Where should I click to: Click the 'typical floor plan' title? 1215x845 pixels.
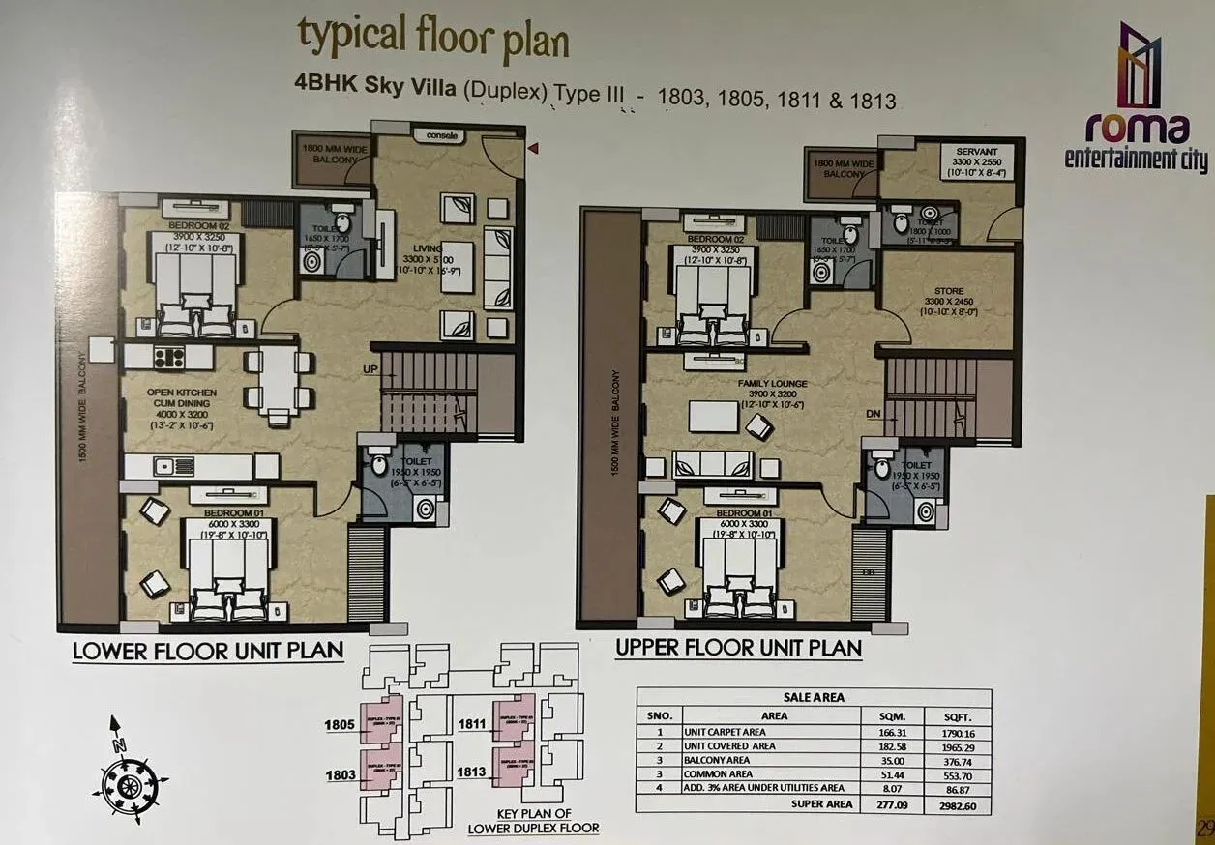point(432,40)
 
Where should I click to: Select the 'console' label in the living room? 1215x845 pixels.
point(437,136)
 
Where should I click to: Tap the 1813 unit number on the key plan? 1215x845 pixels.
point(473,772)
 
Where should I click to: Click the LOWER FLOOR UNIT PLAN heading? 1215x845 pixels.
point(208,651)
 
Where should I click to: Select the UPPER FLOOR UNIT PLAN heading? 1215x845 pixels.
point(738,648)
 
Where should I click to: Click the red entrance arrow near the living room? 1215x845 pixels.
point(531,148)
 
